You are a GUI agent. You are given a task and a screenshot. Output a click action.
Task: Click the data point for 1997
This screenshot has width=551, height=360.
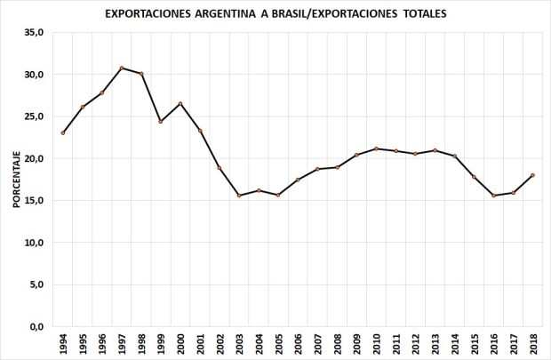tap(122, 68)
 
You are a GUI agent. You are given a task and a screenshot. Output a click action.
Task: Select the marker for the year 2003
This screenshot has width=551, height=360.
tap(239, 196)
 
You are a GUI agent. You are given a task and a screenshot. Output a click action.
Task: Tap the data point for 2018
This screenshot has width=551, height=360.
tap(531, 175)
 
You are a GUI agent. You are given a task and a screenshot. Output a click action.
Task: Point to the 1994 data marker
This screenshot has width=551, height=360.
tap(63, 133)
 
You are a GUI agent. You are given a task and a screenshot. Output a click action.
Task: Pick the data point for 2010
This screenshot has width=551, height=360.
tap(375, 148)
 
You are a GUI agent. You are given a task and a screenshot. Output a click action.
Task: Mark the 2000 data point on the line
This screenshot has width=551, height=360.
tap(180, 104)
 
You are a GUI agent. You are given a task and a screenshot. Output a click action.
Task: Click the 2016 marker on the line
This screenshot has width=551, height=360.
tap(492, 196)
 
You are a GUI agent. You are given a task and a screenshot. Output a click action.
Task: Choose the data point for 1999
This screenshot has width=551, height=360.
tap(161, 122)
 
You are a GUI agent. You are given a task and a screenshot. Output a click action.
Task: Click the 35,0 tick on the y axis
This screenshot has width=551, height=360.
tap(34, 32)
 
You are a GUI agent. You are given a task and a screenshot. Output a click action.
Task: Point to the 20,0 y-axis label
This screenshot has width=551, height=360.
tap(34, 158)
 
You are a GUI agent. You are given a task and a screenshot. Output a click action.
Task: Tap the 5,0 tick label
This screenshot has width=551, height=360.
tap(36, 284)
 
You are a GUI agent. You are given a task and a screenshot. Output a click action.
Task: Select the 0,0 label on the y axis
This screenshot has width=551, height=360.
tap(36, 326)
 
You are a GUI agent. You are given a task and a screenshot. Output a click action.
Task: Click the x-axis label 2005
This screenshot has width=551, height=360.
tap(278, 344)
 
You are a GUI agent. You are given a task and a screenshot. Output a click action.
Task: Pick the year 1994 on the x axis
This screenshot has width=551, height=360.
tap(63, 344)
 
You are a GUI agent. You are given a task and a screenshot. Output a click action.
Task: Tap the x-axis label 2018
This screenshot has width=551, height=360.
tap(531, 344)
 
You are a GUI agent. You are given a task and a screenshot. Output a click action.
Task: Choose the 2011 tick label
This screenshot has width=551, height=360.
tap(395, 344)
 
